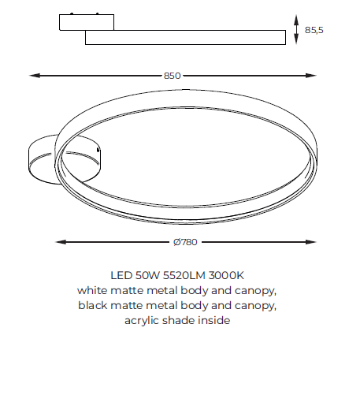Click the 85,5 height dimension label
[x=314, y=30]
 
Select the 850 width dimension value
[x=173, y=76]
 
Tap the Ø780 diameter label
[x=185, y=242]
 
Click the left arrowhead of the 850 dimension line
[x=35, y=76]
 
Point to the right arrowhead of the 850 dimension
[x=311, y=76]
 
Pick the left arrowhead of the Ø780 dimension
[x=61, y=242]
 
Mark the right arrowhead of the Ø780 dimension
[x=310, y=242]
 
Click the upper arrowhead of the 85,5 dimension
[x=296, y=20]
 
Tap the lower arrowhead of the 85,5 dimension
[x=296, y=39]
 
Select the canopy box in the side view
[x=87, y=22]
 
